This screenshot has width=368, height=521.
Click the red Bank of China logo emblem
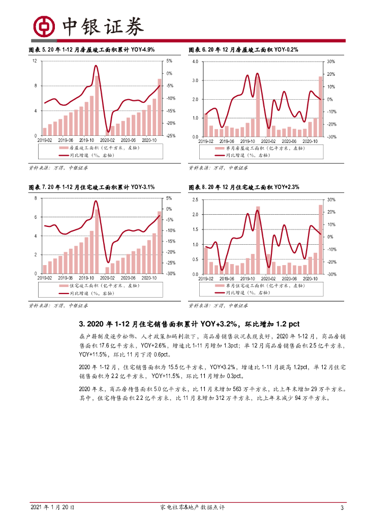[45, 25]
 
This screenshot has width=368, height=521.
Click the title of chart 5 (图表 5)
[91, 50]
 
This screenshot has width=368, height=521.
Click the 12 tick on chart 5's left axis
[35, 61]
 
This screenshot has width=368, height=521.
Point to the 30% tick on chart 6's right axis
[330, 62]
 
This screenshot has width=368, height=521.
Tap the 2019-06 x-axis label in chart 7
[66, 278]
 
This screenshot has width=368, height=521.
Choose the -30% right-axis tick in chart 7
[171, 274]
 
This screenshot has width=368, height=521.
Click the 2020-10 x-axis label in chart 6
[310, 141]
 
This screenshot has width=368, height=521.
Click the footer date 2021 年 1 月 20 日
[53, 508]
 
